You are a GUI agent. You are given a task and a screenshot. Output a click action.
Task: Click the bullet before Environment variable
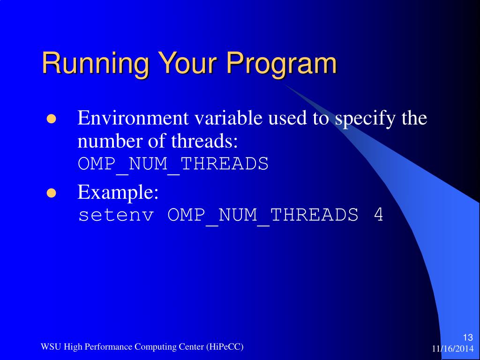pyautogui.click(x=52, y=119)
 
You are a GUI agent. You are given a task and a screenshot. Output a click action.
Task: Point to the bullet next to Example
pyautogui.click(x=52, y=193)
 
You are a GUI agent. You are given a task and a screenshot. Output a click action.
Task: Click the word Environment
pyautogui.click(x=133, y=118)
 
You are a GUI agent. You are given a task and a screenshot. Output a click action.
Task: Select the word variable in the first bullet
pyautogui.click(x=228, y=118)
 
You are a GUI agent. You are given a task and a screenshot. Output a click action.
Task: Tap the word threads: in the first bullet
pyautogui.click(x=204, y=141)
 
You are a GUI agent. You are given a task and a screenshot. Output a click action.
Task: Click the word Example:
pyautogui.click(x=118, y=193)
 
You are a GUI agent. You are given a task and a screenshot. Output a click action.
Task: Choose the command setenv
pyautogui.click(x=116, y=215)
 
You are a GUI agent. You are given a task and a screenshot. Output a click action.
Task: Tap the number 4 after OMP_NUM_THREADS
pyautogui.click(x=378, y=214)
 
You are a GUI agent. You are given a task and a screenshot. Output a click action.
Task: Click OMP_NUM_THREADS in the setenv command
pyautogui.click(x=263, y=216)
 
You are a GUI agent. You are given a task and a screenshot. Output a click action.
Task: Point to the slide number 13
pyautogui.click(x=468, y=337)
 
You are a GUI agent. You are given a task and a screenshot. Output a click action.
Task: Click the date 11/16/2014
pyautogui.click(x=453, y=349)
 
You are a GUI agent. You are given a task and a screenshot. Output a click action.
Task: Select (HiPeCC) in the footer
pyautogui.click(x=225, y=347)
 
